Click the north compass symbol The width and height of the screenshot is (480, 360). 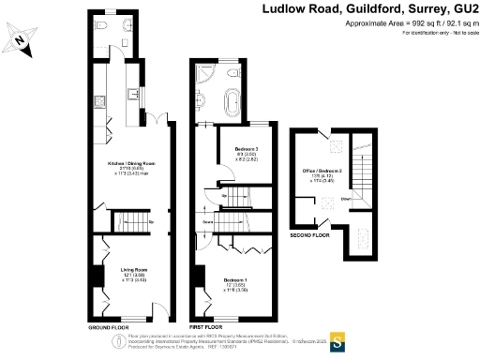point(22,41)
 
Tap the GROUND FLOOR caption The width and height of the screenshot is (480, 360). point(108,327)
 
